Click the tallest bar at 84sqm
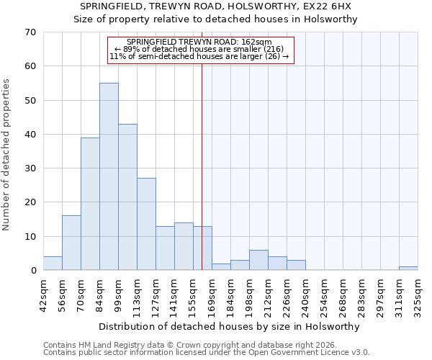(109, 176)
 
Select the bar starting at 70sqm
(90, 204)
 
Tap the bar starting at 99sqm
(127, 197)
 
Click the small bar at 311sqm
(408, 269)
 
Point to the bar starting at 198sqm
(258, 260)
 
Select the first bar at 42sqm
(53, 264)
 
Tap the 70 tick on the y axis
(30, 32)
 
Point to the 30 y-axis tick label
(30, 168)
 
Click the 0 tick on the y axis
(33, 271)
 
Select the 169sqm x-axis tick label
(212, 294)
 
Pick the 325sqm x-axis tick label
(418, 294)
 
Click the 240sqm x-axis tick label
(305, 294)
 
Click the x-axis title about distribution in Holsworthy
(230, 326)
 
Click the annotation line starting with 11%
(199, 56)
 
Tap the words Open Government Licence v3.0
(314, 353)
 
